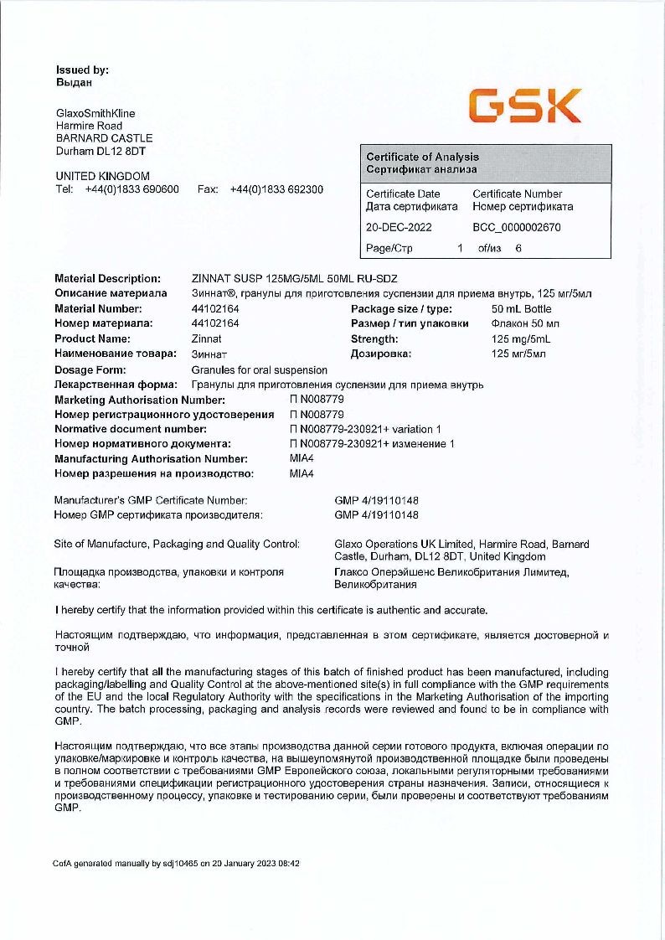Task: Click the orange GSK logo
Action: (x=524, y=107)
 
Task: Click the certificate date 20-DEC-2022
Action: (x=399, y=227)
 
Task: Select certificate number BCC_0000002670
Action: (x=517, y=227)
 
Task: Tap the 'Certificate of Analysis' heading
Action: (x=422, y=157)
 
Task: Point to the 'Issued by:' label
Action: (x=82, y=70)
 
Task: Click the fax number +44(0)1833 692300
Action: (x=276, y=189)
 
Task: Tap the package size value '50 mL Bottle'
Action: (x=521, y=308)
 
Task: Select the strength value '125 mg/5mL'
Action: (x=518, y=339)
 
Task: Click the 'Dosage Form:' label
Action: (x=90, y=369)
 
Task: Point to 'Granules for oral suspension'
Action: (x=260, y=369)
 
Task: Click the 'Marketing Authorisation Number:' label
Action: (x=140, y=400)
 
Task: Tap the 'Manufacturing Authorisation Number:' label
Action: (x=151, y=459)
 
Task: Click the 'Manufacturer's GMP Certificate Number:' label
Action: (x=151, y=500)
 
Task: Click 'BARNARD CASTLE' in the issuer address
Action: (x=104, y=138)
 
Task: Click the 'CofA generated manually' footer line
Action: (x=177, y=863)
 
